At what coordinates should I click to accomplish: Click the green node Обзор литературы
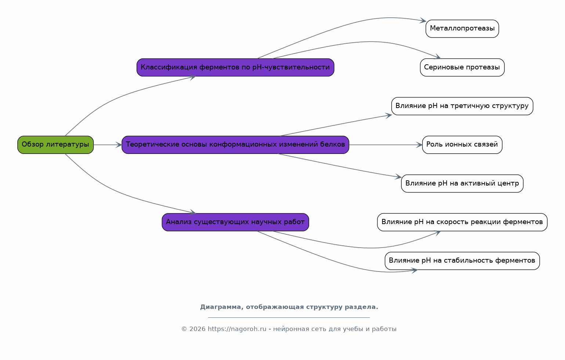coord(55,145)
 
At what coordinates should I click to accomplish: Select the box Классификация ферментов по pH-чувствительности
coord(236,67)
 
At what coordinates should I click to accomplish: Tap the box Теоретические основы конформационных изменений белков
coord(236,145)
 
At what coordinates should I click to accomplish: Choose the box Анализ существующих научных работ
coord(236,222)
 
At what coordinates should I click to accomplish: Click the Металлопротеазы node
coord(462,29)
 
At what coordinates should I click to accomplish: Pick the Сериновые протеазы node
coord(462,67)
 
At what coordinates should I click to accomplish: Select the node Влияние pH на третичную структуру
coord(462,106)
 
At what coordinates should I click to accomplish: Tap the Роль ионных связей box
coord(462,145)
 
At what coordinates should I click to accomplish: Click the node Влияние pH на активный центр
coord(462,184)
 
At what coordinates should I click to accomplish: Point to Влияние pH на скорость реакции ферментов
coord(462,222)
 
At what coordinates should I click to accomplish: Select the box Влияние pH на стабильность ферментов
coord(462,261)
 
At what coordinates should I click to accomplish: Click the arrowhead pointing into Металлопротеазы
coord(423,21)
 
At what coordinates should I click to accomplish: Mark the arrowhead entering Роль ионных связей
coord(419,145)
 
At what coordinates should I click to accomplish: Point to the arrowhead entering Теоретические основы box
coord(119,145)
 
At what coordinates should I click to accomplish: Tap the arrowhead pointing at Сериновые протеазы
coord(438,57)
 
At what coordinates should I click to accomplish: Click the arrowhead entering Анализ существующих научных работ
coord(193,212)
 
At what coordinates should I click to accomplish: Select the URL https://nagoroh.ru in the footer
coord(237,329)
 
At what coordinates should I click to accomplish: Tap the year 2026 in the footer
coord(198,329)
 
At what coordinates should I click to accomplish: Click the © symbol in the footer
coord(184,329)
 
